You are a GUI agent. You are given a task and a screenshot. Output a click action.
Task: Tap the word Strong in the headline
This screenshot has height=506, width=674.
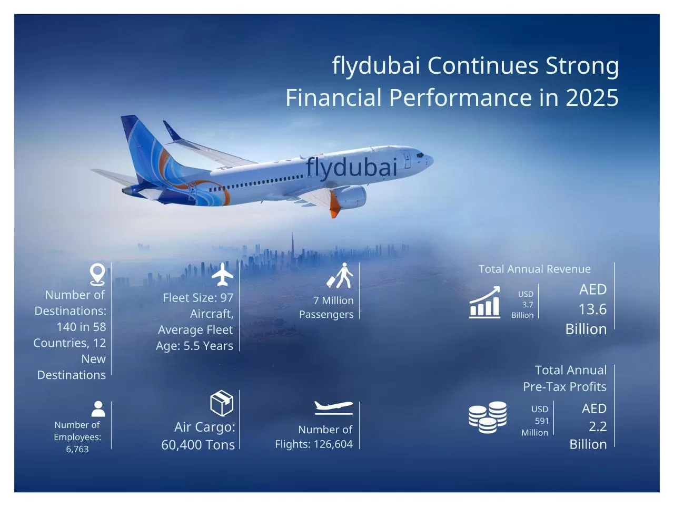pos(582,66)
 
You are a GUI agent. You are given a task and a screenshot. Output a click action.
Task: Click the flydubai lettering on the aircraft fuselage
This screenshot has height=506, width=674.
pos(351,168)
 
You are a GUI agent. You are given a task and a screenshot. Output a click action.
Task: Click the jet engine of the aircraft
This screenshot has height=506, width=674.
pos(350,197)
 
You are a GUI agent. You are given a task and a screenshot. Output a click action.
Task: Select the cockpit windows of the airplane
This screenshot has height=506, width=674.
pos(420,155)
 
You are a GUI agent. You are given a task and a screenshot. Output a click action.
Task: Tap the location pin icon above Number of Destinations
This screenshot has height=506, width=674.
pos(97,275)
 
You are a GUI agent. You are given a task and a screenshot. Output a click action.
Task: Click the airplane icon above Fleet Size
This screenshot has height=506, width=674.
pos(222,275)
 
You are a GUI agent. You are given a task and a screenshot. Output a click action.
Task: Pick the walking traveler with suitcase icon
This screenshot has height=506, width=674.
pos(340,275)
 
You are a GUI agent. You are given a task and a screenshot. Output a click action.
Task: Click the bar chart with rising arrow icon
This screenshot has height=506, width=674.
pos(484,302)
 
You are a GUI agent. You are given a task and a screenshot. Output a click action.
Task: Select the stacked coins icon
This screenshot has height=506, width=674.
pos(488,417)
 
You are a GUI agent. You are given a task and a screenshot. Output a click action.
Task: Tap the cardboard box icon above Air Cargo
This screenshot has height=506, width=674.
pos(222,403)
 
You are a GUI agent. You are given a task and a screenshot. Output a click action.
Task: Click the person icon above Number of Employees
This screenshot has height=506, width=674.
pos(98,409)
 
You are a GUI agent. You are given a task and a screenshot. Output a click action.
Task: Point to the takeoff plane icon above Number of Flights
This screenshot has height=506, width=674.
pos(334,407)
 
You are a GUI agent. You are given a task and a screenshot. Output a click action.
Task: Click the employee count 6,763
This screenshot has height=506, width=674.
pos(77,449)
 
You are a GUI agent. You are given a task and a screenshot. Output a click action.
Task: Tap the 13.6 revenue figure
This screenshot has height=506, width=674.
pos(592,309)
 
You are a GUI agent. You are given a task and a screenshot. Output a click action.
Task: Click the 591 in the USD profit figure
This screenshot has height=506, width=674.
pos(542,421)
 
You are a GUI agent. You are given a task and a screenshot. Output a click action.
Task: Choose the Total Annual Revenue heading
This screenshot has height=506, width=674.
pos(534,269)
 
